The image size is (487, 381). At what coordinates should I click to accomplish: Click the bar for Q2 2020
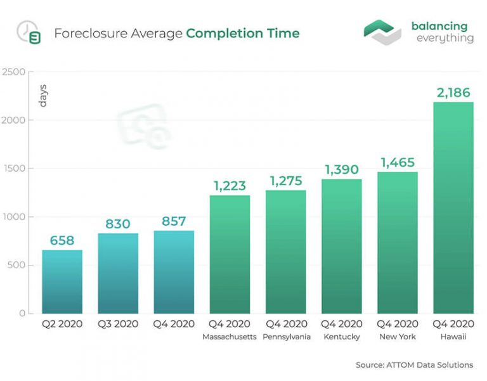click(62, 281)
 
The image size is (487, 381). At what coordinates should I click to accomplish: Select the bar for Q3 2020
click(118, 273)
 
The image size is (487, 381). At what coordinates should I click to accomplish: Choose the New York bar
click(398, 242)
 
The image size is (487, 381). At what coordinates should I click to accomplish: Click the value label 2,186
click(453, 93)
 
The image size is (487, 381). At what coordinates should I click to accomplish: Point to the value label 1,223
click(230, 186)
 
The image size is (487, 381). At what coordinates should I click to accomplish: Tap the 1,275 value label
click(285, 181)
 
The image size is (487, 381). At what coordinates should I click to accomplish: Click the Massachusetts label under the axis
click(230, 337)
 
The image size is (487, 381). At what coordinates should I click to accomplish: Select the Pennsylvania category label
click(285, 337)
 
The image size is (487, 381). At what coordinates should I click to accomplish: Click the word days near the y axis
click(43, 95)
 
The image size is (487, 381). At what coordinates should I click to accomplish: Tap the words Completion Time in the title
click(243, 32)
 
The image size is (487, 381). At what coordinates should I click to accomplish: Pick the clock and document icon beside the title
click(29, 32)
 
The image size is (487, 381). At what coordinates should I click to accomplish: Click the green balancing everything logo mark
click(382, 32)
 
